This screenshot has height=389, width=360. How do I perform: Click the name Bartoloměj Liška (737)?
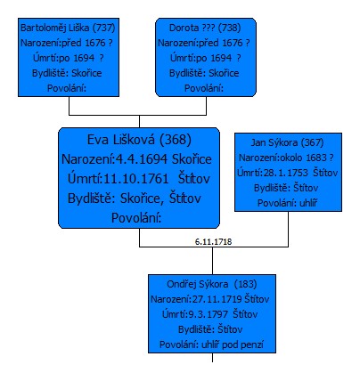coord(68,28)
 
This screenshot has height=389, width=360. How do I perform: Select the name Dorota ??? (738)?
coord(205,28)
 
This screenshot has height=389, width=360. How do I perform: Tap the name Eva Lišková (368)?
coord(139,140)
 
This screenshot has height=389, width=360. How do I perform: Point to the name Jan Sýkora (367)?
coord(287,142)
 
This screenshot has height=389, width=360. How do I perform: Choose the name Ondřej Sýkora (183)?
coord(212,284)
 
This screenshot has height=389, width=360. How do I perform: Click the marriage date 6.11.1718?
coord(213,242)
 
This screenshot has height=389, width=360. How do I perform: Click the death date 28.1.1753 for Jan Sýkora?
coord(286,173)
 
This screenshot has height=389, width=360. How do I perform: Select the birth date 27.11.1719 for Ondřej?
coord(217,299)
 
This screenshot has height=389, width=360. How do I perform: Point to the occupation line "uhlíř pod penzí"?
coord(233,344)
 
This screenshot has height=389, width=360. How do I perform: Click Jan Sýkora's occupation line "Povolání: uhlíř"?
coord(287,203)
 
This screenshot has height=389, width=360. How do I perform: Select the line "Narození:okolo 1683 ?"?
coord(286,158)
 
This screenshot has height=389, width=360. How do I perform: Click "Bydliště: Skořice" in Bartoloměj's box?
coord(67,73)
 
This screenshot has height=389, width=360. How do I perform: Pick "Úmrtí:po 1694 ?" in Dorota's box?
coord(205,58)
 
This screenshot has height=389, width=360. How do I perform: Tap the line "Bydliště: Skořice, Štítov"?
coord(135,199)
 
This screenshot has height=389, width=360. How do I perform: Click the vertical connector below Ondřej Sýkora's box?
coord(212,358)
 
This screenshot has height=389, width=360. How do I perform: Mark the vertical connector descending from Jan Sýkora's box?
coord(288,229)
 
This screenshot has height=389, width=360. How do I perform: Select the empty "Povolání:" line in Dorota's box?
coord(204,88)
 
